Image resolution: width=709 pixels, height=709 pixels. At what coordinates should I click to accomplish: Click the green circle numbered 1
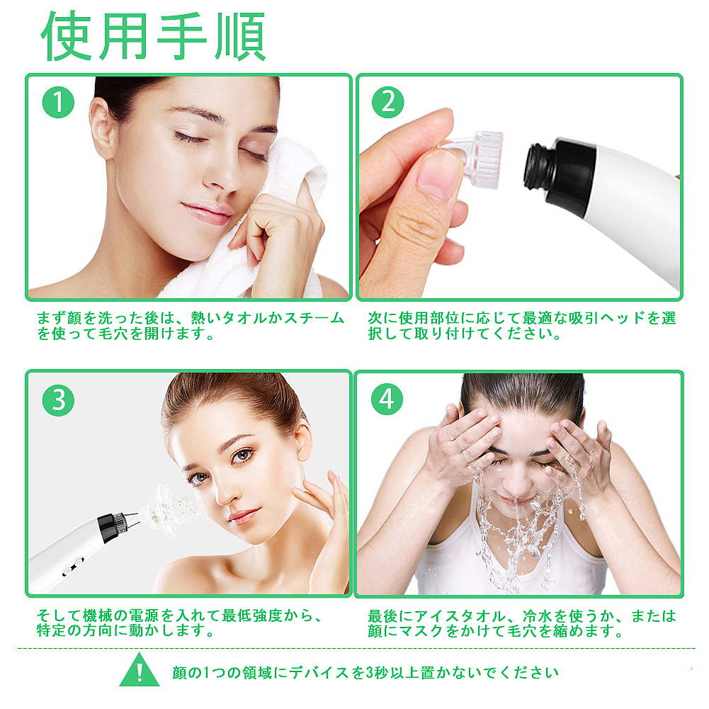coord(59,103)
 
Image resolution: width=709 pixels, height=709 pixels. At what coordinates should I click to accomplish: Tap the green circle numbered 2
coord(387,103)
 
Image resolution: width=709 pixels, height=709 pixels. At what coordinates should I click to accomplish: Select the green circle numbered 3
coord(59,401)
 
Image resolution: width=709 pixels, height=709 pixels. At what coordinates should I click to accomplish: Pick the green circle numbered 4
coord(387,400)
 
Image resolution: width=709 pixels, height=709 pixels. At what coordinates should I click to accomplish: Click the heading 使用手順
coord(154,36)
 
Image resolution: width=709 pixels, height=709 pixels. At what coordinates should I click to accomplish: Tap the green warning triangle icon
coord(139,670)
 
